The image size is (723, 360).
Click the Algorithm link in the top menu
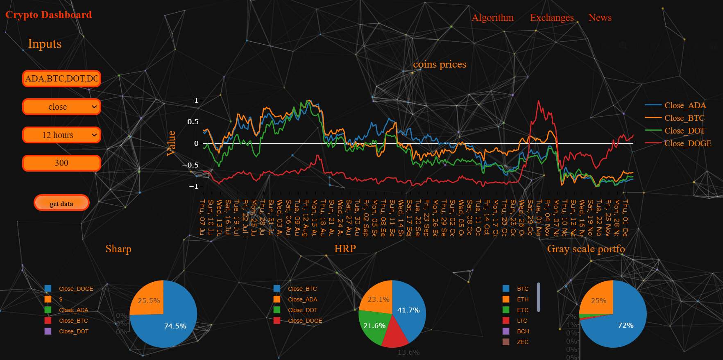pos(492,18)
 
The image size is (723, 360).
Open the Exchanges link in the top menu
pos(551,18)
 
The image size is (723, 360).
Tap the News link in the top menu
pos(600,18)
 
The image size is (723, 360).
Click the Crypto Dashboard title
pos(48,15)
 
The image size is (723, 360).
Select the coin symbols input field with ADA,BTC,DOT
pos(61,79)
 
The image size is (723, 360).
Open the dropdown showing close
pos(61,107)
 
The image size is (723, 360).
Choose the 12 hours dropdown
pos(61,135)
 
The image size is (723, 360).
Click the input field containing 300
pos(61,163)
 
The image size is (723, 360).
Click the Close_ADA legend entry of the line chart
pos(684,105)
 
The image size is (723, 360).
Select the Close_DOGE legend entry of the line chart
pos(687,143)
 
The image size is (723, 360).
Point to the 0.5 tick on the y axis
pos(193,122)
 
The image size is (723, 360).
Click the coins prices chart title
pos(440,64)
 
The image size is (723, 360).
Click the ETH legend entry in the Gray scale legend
pos(522,299)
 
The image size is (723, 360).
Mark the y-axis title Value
pos(171,143)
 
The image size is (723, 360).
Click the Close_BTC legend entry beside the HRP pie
pos(302,289)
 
